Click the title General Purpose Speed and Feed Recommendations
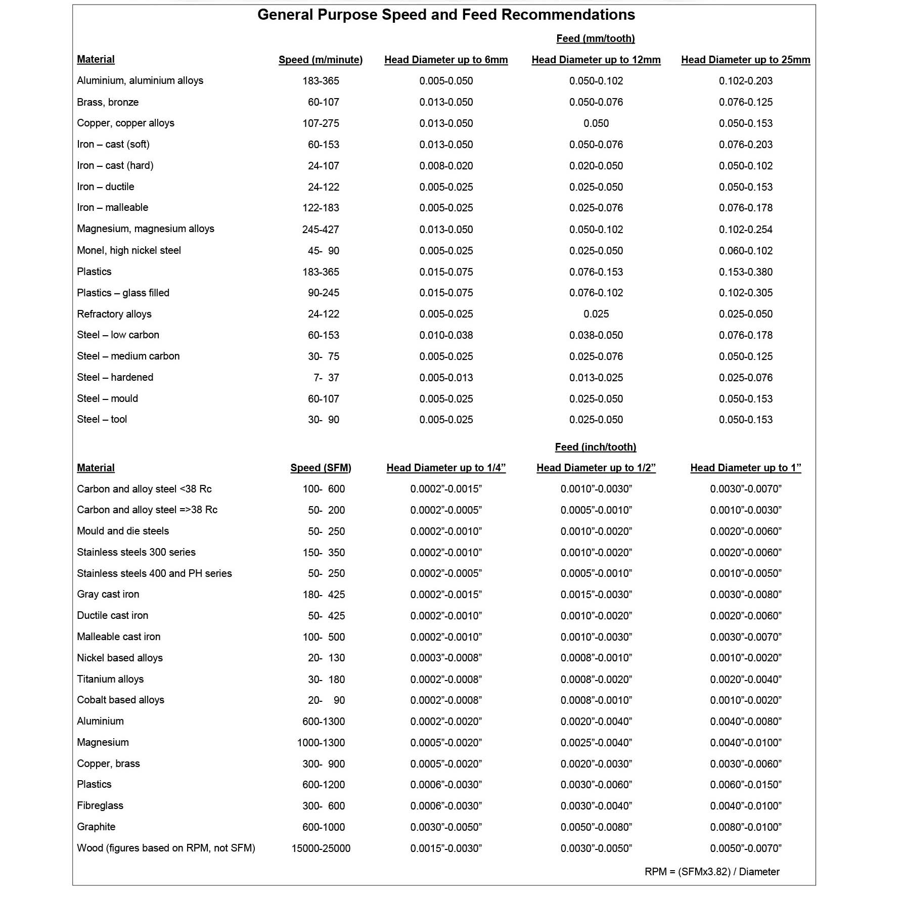(446, 15)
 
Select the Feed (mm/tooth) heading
(595, 38)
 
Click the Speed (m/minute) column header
(321, 60)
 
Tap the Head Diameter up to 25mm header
(745, 60)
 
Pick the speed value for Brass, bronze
(323, 102)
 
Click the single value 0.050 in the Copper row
(596, 123)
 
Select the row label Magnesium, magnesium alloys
(146, 229)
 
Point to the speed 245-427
(321, 230)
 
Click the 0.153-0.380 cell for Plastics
(745, 272)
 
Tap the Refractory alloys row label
(114, 314)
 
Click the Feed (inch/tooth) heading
(595, 447)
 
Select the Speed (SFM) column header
(321, 468)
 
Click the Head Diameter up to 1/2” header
(596, 468)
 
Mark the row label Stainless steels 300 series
(136, 552)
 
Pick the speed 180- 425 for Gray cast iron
(324, 595)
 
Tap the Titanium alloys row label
(110, 679)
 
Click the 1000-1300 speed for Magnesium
(321, 743)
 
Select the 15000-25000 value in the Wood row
(321, 848)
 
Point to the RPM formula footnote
(711, 872)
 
